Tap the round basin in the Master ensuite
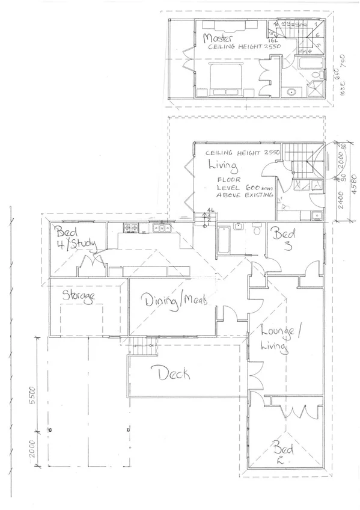coord(291,92)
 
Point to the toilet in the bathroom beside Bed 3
coord(257,229)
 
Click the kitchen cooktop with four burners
coord(130,227)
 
